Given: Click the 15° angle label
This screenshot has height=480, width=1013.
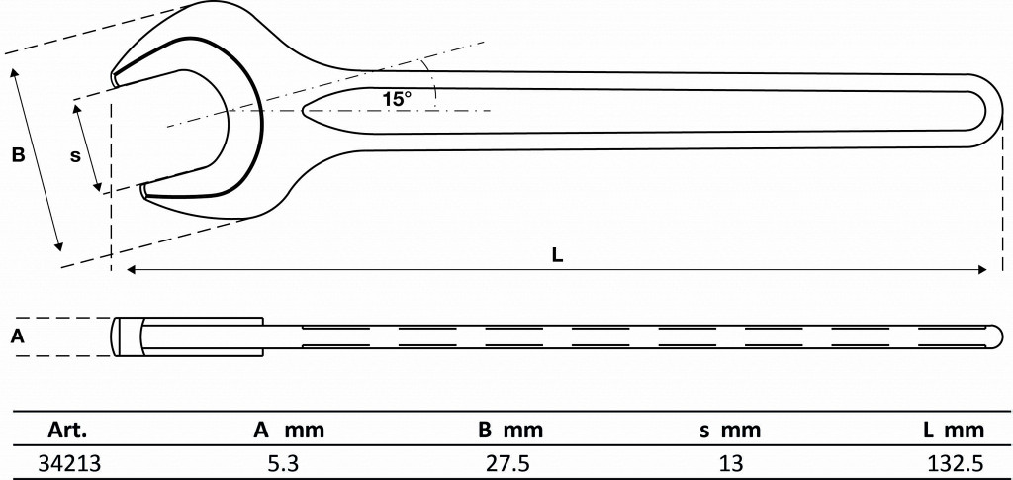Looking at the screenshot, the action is click(396, 99).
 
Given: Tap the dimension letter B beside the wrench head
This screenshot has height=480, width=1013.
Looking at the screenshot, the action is click(19, 155).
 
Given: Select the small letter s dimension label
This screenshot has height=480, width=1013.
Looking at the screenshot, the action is click(75, 155).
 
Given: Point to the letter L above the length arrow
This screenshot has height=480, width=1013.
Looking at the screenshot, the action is click(558, 255).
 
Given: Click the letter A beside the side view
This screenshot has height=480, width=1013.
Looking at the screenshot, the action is click(19, 336).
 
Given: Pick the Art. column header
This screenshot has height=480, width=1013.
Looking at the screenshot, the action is click(67, 431).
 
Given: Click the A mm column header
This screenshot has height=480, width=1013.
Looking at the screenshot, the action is click(288, 431).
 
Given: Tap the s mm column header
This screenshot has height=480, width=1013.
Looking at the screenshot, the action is click(731, 431).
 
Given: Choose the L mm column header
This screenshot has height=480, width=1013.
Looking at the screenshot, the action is click(955, 431).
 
